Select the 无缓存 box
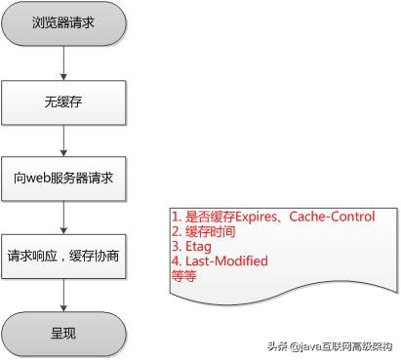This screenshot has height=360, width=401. point(62,99)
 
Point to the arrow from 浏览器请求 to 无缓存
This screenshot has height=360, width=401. point(63,62)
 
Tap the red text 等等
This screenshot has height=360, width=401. point(182,276)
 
